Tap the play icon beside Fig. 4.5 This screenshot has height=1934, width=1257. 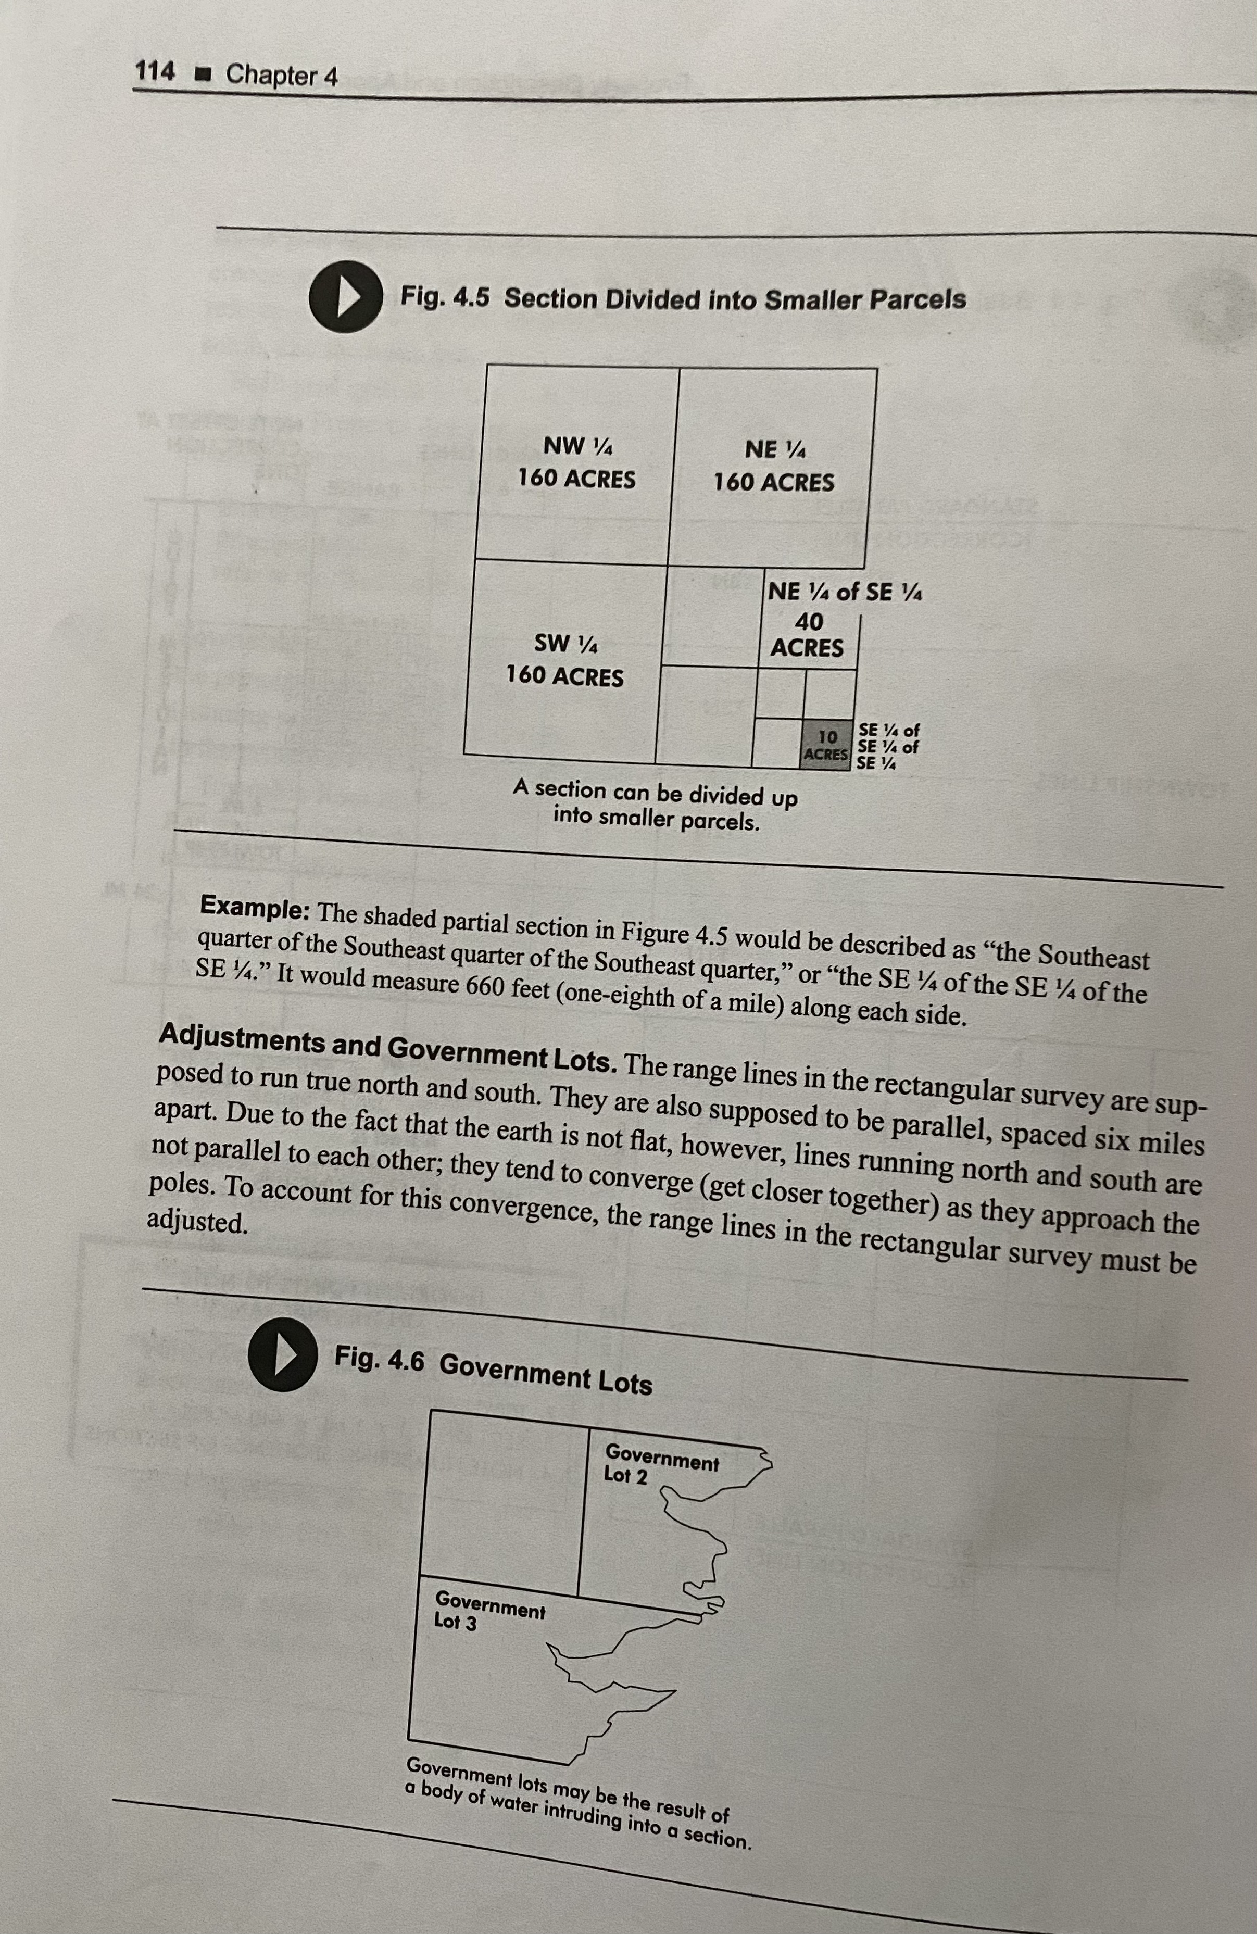pyautogui.click(x=345, y=297)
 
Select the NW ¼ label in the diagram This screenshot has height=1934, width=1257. pyautogui.click(x=577, y=446)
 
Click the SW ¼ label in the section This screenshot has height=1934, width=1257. pyautogui.click(x=565, y=644)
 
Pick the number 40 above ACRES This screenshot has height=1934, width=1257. pyautogui.click(x=809, y=622)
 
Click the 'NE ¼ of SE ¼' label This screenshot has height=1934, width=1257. pyautogui.click(x=844, y=592)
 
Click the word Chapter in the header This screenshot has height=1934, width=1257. pyautogui.click(x=271, y=75)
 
